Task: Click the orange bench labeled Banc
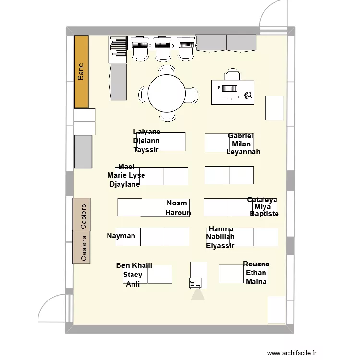point(82,72)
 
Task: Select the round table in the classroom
point(167,94)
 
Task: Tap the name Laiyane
point(147,132)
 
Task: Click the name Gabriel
point(240,136)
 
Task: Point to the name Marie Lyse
point(126,175)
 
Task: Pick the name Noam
point(177,203)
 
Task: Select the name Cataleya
point(262,200)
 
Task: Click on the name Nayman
point(121,236)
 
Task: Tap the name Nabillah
point(220,237)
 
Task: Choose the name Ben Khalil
point(134,265)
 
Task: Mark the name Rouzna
point(256,264)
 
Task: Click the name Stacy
point(132,275)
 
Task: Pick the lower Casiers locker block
point(82,247)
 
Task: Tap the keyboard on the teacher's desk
point(228,89)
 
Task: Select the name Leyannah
point(243,152)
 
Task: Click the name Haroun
point(178,213)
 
